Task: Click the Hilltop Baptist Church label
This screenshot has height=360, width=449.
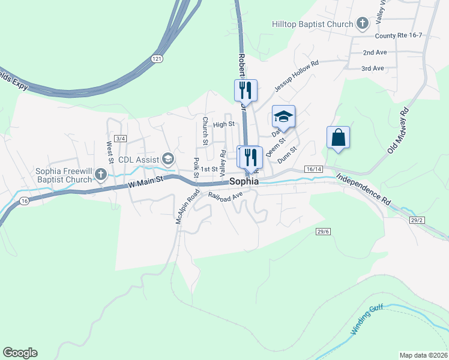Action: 312,24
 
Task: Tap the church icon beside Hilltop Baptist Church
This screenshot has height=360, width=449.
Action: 362,24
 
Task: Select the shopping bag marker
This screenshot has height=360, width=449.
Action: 339,137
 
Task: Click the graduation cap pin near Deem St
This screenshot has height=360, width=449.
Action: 284,116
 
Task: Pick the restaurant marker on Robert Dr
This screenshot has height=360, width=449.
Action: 246,91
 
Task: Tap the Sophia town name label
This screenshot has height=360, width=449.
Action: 244,181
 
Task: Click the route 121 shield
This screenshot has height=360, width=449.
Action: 157,58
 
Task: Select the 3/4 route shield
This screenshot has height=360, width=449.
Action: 121,139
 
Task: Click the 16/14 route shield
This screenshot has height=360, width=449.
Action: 314,170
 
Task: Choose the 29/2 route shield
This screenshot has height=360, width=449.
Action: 417,220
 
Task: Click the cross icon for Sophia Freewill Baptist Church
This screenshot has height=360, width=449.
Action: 101,175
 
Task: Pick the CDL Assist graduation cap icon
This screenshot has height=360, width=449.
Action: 167,159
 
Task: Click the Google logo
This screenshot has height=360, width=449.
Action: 20,353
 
